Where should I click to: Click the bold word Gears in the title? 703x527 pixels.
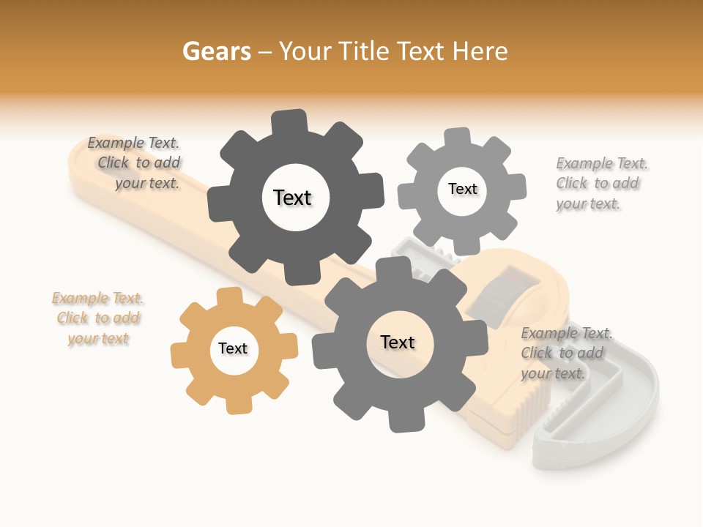pos(216,51)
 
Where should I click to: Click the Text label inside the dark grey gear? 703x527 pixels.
pos(292,198)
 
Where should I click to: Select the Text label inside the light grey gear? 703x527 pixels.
pos(462,189)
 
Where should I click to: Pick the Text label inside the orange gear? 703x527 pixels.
pos(233,348)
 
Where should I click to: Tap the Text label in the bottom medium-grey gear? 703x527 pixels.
pos(398,342)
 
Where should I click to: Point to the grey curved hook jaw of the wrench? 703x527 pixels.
pos(630,410)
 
